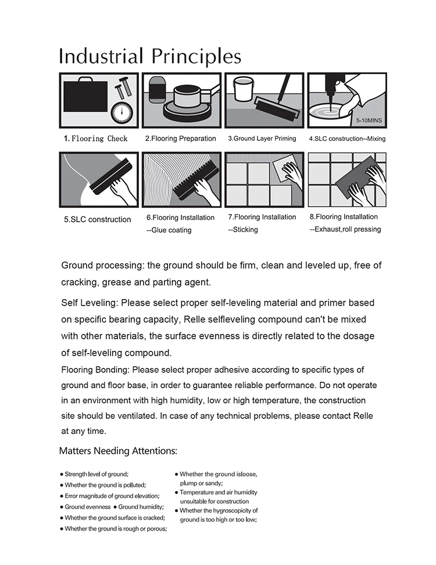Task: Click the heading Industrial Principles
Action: click(x=150, y=56)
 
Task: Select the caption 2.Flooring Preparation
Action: click(x=180, y=138)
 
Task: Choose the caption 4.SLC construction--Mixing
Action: click(x=346, y=138)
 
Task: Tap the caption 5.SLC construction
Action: click(x=97, y=219)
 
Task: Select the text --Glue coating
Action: click(x=169, y=230)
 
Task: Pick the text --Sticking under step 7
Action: click(x=243, y=229)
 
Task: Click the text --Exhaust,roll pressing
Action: click(x=345, y=229)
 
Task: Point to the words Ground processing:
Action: click(x=103, y=265)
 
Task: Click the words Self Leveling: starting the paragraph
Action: click(x=90, y=303)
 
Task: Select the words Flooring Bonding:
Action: click(x=96, y=370)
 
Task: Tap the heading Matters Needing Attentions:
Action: click(x=118, y=451)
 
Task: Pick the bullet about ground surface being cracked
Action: click(x=115, y=518)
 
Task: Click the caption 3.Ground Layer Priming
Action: click(x=262, y=138)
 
